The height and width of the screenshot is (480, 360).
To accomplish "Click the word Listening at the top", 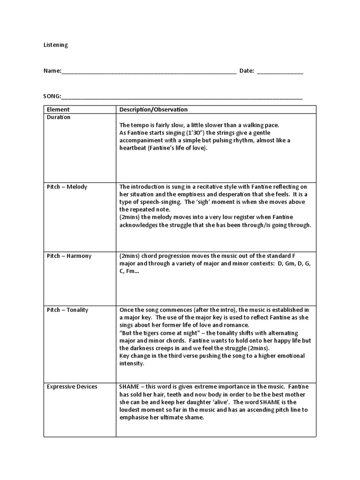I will (x=55, y=45).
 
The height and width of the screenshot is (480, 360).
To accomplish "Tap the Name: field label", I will (x=52, y=71).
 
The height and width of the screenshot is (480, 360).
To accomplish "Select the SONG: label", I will (x=52, y=97).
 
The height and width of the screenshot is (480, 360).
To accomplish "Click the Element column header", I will (x=58, y=110).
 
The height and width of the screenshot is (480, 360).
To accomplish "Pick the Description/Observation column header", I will (x=153, y=110).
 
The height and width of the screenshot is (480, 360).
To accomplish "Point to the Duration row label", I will (x=59, y=117).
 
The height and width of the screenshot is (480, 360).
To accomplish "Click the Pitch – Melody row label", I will (x=67, y=187).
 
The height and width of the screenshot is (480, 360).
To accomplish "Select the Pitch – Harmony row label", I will (x=69, y=256).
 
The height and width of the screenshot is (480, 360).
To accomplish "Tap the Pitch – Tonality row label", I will (x=67, y=310).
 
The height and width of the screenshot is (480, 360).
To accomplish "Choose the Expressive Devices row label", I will (x=72, y=387).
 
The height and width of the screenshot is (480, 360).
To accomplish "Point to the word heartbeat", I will (x=134, y=148).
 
